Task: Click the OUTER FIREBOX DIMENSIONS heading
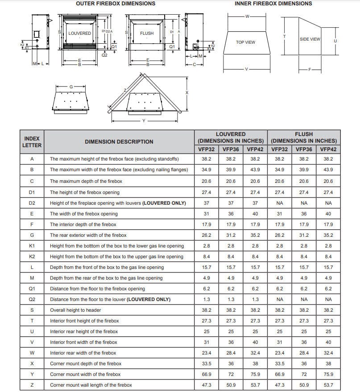click(x=116, y=4)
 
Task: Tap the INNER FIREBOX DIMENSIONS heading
click(x=273, y=4)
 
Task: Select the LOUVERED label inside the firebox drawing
click(x=79, y=33)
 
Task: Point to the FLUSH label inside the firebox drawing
click(x=147, y=33)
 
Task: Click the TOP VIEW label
click(x=245, y=42)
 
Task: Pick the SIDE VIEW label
click(x=310, y=39)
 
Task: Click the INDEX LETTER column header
click(x=32, y=141)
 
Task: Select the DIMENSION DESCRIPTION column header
click(x=119, y=142)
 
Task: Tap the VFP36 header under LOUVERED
click(x=231, y=149)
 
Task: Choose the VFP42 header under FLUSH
click(x=328, y=149)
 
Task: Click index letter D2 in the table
click(x=32, y=203)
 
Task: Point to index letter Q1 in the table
click(x=32, y=289)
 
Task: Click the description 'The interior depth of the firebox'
click(x=83, y=224)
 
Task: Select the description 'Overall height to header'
click(x=75, y=310)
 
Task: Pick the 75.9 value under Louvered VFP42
click(x=255, y=374)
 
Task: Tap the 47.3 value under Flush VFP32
click(x=279, y=385)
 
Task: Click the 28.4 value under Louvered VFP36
click(x=231, y=353)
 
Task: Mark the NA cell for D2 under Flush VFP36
click(x=304, y=203)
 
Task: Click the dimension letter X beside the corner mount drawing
click(x=187, y=92)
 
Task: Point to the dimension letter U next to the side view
click(x=335, y=41)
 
